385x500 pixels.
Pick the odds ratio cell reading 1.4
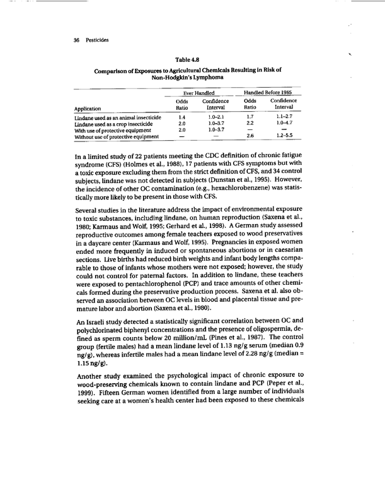(x=181, y=117)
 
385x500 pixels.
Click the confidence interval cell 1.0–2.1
(x=215, y=117)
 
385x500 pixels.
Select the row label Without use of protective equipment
(x=115, y=136)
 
